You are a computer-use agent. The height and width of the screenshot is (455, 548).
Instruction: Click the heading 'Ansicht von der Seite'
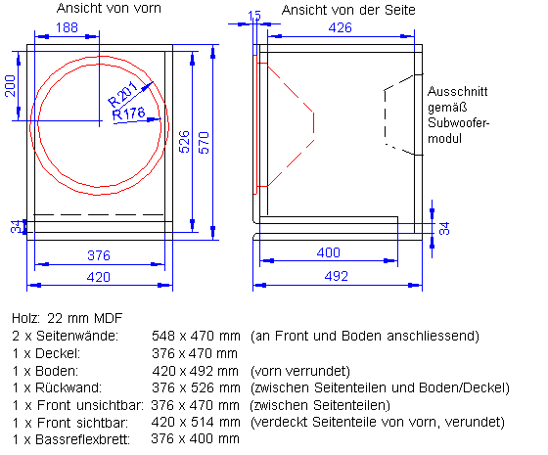tap(347, 9)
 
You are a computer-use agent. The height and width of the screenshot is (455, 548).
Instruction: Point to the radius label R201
tap(121, 96)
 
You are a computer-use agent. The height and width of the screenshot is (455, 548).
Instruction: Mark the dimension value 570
tap(204, 142)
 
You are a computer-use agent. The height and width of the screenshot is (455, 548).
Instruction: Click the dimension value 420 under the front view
tap(99, 276)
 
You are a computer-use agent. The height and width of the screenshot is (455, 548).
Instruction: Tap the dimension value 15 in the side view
tap(254, 16)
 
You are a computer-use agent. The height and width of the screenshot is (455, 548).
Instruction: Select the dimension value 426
tap(340, 28)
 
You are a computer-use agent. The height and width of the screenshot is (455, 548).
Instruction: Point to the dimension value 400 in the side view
tap(329, 252)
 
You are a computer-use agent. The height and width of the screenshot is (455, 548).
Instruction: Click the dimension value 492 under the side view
tap(336, 276)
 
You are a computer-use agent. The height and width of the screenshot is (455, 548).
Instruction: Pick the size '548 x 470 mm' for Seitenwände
tap(195, 336)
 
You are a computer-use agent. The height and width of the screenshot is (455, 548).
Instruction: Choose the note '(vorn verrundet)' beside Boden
tap(297, 370)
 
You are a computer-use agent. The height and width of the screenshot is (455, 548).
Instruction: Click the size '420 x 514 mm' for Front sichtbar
tap(195, 422)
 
